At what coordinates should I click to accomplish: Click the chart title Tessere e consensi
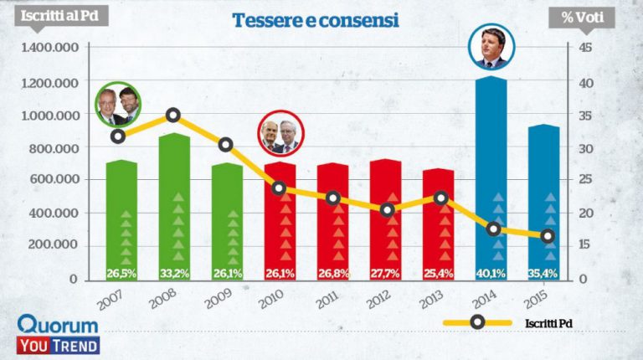click(x=314, y=20)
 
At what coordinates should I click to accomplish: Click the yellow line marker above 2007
click(x=118, y=136)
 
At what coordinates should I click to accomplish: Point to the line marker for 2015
click(x=548, y=236)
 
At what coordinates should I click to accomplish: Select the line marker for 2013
click(x=440, y=198)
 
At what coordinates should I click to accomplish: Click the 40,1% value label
click(x=491, y=272)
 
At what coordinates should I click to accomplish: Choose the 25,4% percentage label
click(x=439, y=272)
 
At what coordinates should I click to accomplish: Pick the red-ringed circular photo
click(x=281, y=132)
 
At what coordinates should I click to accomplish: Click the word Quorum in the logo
click(x=58, y=324)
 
